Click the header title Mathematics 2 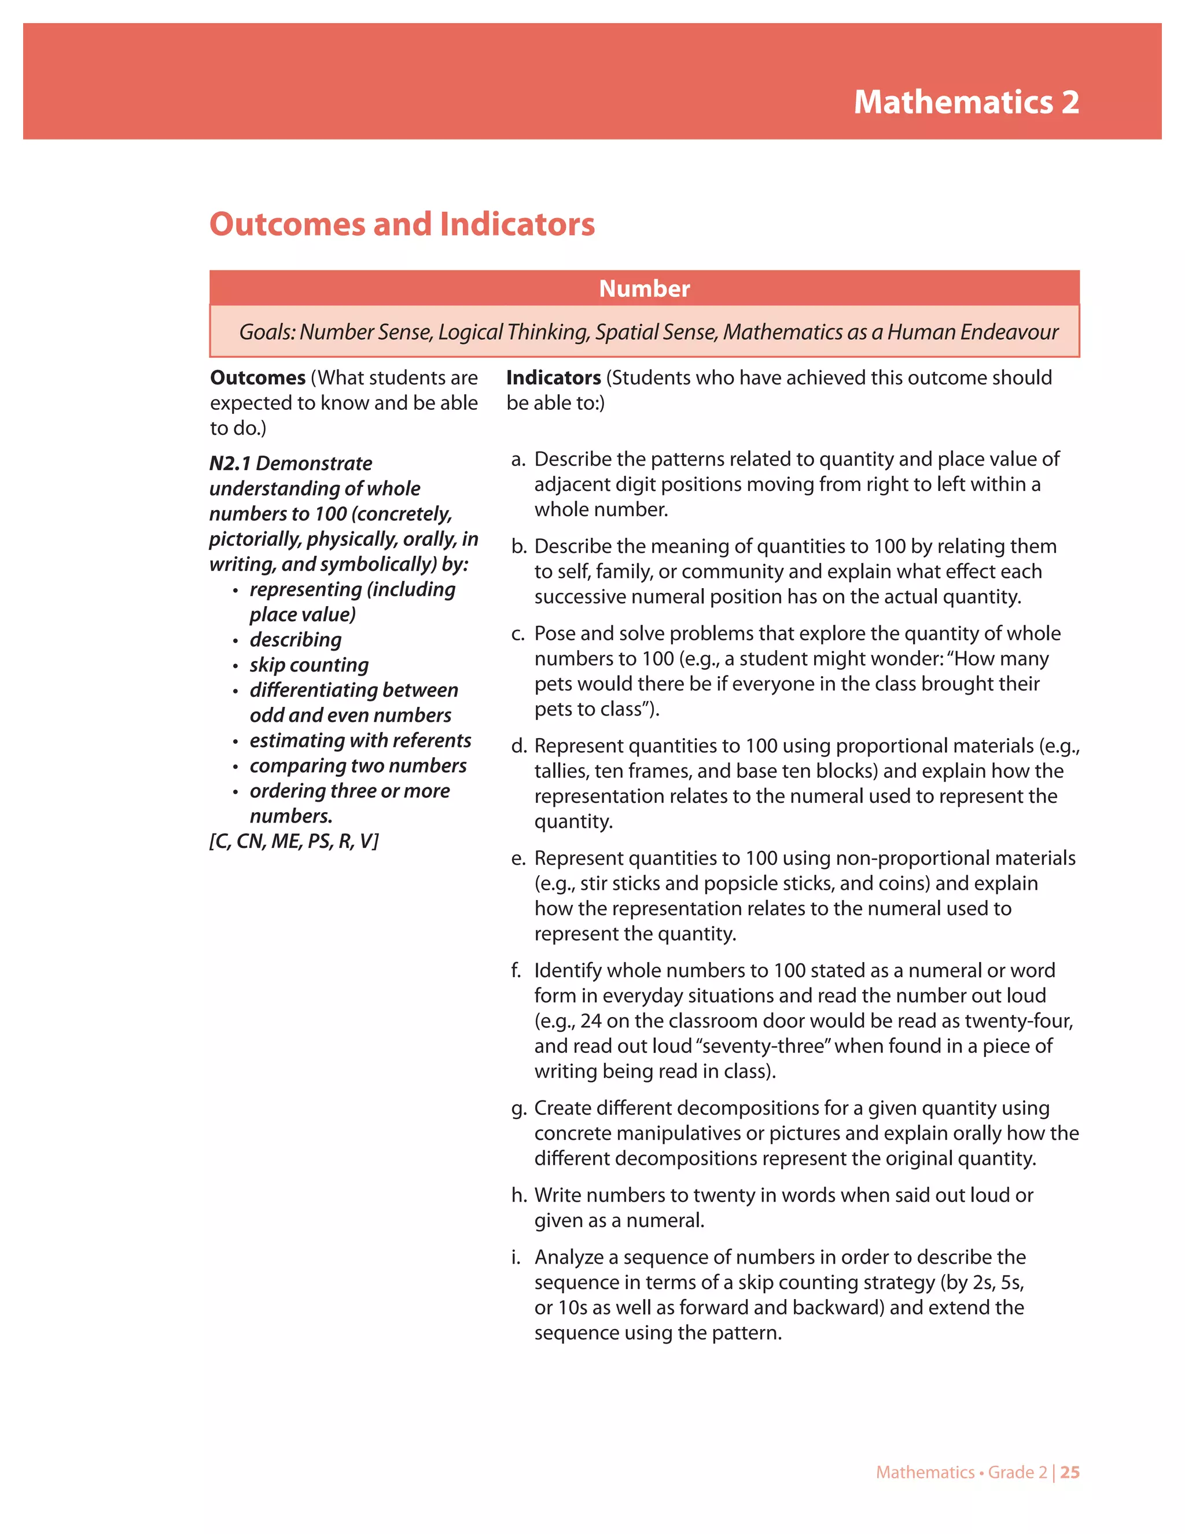[x=966, y=102]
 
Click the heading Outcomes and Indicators [x=402, y=225]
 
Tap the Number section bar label [x=644, y=289]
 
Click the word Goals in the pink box [x=266, y=332]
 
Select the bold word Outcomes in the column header [x=257, y=378]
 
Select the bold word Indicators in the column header [x=553, y=378]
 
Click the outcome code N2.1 [x=230, y=464]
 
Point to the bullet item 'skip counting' [x=309, y=665]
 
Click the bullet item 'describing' [x=296, y=640]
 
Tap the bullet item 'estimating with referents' [x=360, y=741]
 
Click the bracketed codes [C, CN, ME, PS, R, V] [x=293, y=842]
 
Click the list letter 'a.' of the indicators [x=518, y=460]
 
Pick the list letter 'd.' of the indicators [x=518, y=746]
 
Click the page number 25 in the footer [x=1070, y=1472]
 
